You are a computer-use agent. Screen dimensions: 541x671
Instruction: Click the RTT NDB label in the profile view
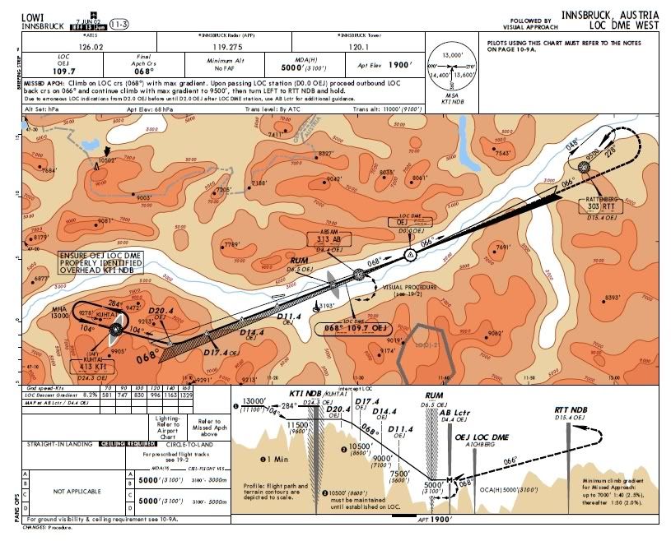(570, 409)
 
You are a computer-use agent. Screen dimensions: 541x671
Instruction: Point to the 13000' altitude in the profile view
(249, 400)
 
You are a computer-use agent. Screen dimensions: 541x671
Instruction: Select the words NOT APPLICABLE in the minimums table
(75, 491)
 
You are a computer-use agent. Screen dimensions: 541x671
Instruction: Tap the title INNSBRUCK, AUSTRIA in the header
(610, 16)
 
